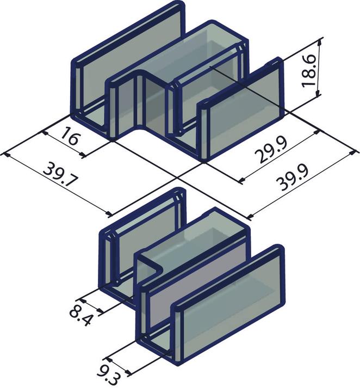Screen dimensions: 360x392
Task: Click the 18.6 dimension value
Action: point(309,70)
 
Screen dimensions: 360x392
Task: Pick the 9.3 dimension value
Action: point(108,377)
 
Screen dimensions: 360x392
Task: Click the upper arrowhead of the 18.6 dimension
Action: point(320,43)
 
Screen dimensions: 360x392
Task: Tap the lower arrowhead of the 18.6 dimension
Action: point(318,93)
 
